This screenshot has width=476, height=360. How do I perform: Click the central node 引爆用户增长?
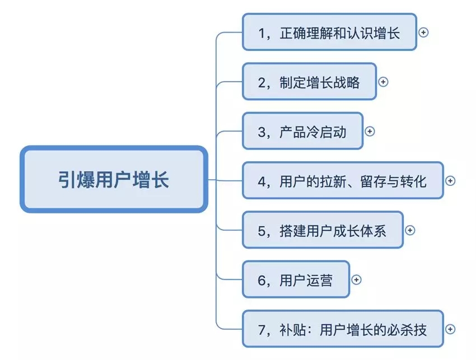[x=114, y=180]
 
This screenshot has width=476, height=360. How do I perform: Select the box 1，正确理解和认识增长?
[x=329, y=32]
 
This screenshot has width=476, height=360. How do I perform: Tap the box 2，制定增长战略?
[x=309, y=82]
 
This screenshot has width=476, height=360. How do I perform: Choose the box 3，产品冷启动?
[x=302, y=132]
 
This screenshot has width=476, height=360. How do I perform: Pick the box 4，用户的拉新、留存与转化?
[x=343, y=181]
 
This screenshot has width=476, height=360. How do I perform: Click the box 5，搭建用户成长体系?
[x=323, y=230]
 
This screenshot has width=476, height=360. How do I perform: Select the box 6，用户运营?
[x=296, y=279]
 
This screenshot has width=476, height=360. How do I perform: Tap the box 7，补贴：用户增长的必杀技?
[x=343, y=329]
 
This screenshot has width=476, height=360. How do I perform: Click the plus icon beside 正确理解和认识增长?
[x=423, y=32]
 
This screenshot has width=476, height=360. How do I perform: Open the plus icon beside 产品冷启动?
[x=370, y=132]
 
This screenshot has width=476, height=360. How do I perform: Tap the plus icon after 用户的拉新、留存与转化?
[x=450, y=181]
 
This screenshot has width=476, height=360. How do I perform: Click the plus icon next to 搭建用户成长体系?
[x=410, y=230]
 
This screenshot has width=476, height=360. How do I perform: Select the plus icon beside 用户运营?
[x=356, y=279]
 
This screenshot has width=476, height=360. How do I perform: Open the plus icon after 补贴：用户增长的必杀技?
[x=450, y=329]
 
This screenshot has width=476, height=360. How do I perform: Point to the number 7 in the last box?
[x=263, y=329]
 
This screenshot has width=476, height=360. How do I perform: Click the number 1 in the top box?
[x=263, y=33]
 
